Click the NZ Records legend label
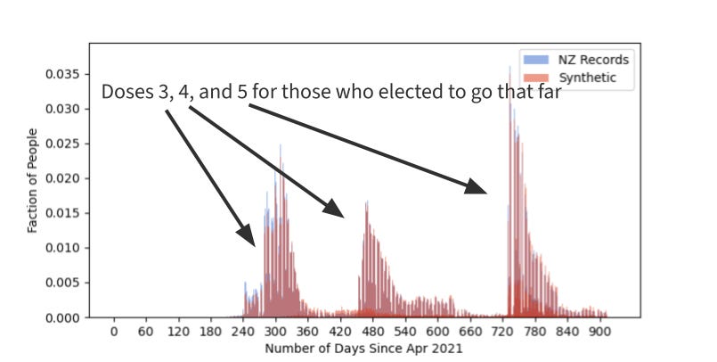[593, 60]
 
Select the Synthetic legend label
[587, 78]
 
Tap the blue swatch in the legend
[535, 60]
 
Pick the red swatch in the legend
[535, 78]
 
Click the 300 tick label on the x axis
[275, 332]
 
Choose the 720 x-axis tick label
[502, 332]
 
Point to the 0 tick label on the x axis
[114, 332]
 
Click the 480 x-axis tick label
[372, 332]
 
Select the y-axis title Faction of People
[32, 181]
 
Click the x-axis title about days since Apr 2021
[364, 349]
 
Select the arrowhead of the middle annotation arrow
[334, 209]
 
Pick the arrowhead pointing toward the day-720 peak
[476, 186]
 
